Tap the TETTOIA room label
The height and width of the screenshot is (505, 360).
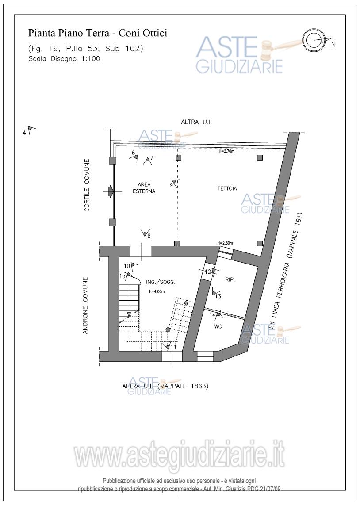pyautogui.click(x=227, y=188)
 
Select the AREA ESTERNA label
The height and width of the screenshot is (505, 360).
pyautogui.click(x=144, y=188)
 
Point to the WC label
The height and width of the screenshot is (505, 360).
pyautogui.click(x=218, y=327)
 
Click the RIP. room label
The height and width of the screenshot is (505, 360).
pyautogui.click(x=230, y=280)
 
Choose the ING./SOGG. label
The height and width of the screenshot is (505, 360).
pyautogui.click(x=161, y=282)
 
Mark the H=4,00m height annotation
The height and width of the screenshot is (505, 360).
pyautogui.click(x=157, y=292)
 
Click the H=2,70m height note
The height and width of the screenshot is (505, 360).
pyautogui.click(x=226, y=151)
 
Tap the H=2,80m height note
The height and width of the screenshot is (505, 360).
pyautogui.click(x=225, y=243)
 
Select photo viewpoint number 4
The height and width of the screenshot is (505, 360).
pyautogui.click(x=29, y=131)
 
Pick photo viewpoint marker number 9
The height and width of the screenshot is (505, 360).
pyautogui.click(x=174, y=183)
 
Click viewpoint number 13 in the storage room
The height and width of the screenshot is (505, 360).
pyautogui.click(x=216, y=295)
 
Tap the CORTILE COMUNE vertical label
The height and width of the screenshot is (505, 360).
pyautogui.click(x=87, y=185)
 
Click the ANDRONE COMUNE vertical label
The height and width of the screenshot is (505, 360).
pyautogui.click(x=86, y=305)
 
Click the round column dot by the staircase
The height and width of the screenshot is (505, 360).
pyautogui.click(x=168, y=329)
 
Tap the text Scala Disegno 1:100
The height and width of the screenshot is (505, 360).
pyautogui.click(x=64, y=59)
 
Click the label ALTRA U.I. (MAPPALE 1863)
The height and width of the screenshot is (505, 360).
pyautogui.click(x=165, y=386)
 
